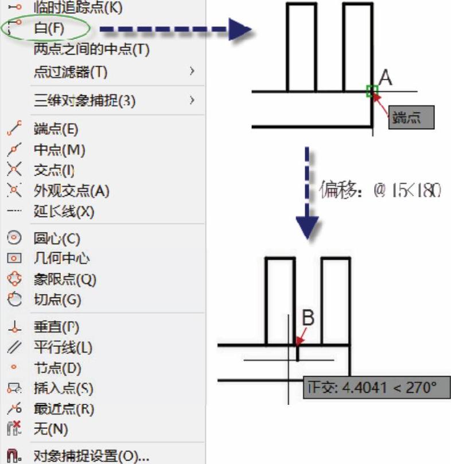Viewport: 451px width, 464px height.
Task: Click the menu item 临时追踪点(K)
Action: coord(78,9)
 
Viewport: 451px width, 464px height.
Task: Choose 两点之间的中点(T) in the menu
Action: coord(91,49)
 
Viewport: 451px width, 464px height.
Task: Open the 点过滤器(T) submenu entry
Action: coord(71,72)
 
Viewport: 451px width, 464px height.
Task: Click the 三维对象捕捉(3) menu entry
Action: coord(84,100)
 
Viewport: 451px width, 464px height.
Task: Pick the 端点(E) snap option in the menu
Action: coord(56,129)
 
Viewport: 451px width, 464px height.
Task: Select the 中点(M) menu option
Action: coord(59,150)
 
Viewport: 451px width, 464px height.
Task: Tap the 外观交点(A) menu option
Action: coord(71,190)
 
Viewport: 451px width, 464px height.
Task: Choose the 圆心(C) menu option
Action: coord(57,238)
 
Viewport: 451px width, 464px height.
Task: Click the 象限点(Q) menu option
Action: coord(65,280)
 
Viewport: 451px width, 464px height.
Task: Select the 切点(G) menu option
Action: coord(57,300)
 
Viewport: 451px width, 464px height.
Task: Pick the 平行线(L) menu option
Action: coord(63,347)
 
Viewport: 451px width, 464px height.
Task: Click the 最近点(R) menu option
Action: coord(64,409)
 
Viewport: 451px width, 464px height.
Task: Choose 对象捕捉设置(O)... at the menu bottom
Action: coord(91,457)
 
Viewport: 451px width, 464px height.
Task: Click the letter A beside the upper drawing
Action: coord(386,77)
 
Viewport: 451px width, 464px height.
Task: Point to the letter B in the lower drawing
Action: coord(308,318)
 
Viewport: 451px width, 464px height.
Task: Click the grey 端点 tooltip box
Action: coord(411,118)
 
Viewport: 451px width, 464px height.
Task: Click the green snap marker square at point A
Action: coord(372,90)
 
